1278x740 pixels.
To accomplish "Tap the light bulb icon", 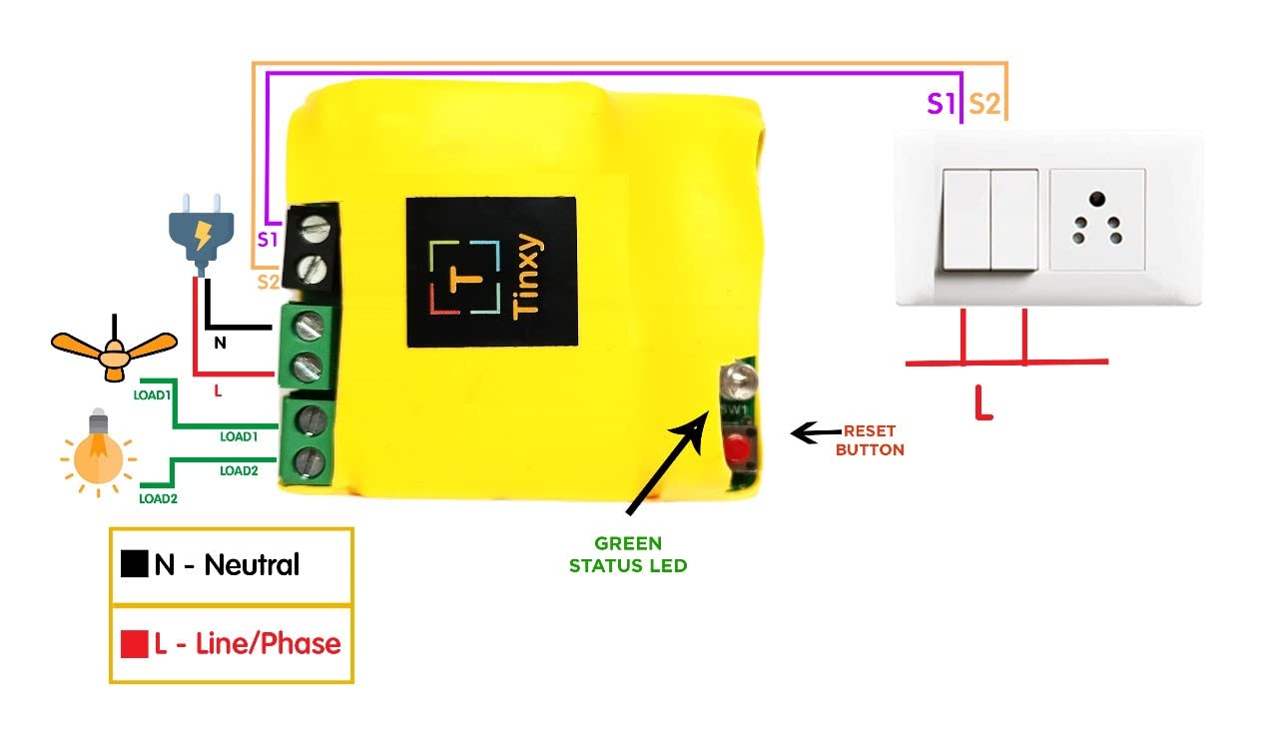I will (x=98, y=451).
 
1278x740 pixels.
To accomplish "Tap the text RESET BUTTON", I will (x=870, y=440).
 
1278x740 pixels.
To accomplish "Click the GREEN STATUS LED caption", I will (x=628, y=554).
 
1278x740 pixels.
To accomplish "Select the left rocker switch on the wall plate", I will (x=965, y=220).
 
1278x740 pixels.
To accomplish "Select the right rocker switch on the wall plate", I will (x=1014, y=220).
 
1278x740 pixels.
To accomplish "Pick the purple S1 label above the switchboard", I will (x=941, y=103).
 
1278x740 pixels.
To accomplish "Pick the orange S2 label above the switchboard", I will (x=984, y=103).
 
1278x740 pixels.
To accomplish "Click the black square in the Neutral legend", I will (x=134, y=564).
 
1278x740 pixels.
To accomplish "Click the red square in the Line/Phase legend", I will (x=134, y=644).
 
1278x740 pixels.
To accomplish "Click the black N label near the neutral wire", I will (x=220, y=343).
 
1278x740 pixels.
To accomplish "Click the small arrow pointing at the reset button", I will (x=814, y=432).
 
